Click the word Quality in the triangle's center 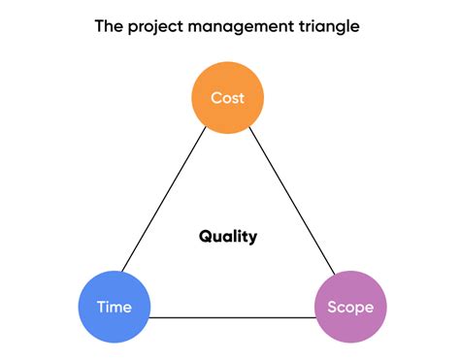pyautogui.click(x=228, y=236)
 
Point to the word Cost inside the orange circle pyautogui.click(x=228, y=97)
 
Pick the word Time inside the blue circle pyautogui.click(x=115, y=308)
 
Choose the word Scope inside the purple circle pyautogui.click(x=351, y=308)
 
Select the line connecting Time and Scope pyautogui.click(x=233, y=316)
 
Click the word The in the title pyautogui.click(x=108, y=26)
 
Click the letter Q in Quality pyautogui.click(x=206, y=236)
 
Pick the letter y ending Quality pyautogui.click(x=253, y=238)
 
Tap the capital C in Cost pyautogui.click(x=215, y=97)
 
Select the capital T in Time pyautogui.click(x=101, y=308)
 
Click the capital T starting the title pyautogui.click(x=99, y=26)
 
